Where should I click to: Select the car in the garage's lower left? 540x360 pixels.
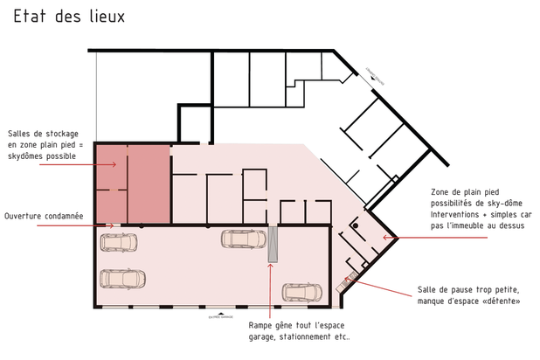121,280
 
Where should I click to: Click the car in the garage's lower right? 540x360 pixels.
301,292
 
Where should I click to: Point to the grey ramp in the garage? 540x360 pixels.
273,245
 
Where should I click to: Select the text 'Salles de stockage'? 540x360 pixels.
41,132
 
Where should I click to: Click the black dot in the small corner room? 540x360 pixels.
355,225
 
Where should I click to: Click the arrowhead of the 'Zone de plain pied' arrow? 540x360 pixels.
383,237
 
